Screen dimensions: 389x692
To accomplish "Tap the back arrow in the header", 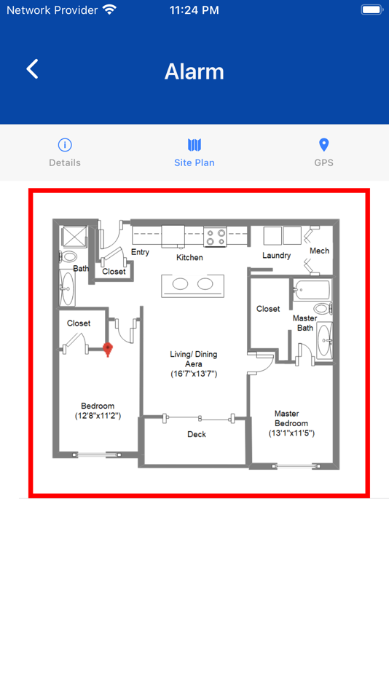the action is coord(32,69).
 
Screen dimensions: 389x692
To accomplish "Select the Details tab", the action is coord(65,153).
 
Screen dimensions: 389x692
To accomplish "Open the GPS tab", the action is coord(323,153).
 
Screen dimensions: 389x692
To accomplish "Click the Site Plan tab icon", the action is coord(194,145).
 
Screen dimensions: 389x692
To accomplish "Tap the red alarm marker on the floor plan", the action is coord(108,349).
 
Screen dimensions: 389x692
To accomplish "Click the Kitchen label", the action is coord(190,257).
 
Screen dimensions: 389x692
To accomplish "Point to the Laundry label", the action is coord(276,255).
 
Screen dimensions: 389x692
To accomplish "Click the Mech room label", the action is coord(319,251).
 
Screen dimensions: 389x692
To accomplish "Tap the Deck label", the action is coord(197,434).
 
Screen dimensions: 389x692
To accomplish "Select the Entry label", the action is coord(141,252).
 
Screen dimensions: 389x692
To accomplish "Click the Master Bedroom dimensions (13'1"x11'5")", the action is coord(292,433).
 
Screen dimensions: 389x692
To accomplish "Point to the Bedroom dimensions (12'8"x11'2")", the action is coord(98,416).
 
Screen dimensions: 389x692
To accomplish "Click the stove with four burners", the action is coord(215,237).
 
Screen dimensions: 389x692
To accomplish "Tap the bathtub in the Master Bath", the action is coord(311,289).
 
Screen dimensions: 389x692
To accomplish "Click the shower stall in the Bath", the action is coord(74,237).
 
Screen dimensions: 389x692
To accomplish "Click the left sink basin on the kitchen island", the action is coord(180,284).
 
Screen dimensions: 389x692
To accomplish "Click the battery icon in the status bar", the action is coord(372,9).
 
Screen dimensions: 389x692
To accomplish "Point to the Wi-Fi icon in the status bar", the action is coord(109,9).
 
